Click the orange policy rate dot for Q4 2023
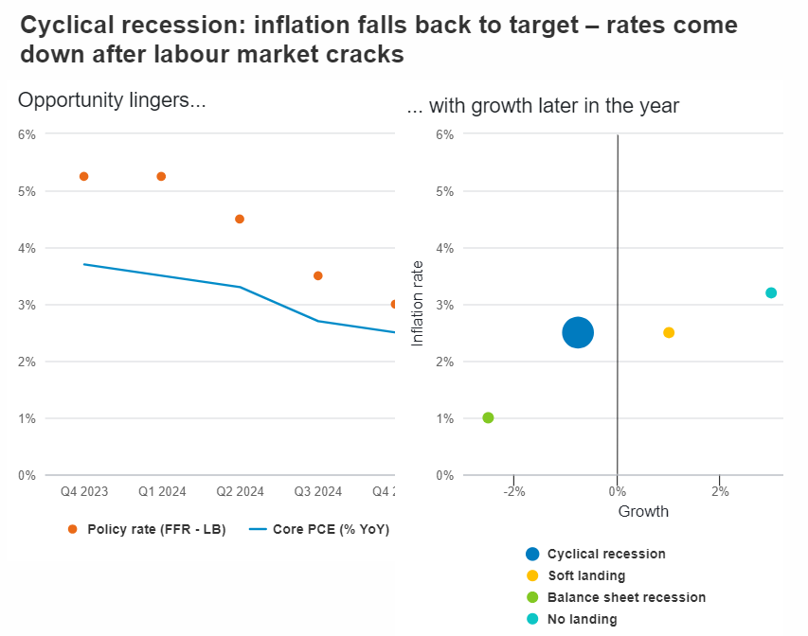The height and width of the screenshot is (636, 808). [83, 176]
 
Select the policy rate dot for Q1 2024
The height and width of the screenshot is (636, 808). [161, 176]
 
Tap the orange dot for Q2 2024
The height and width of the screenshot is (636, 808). [240, 219]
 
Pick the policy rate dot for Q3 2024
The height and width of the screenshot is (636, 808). [318, 275]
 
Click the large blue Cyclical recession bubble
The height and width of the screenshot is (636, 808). [578, 332]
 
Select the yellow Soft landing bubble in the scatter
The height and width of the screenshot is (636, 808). [669, 332]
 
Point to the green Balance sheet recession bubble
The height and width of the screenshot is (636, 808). [488, 417]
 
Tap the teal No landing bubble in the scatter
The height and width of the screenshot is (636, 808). [771, 292]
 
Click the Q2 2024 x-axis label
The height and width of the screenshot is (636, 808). [240, 491]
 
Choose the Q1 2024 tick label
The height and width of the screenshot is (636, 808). [161, 491]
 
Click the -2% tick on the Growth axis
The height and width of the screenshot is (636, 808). [513, 491]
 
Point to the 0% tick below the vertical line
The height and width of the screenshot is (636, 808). [617, 491]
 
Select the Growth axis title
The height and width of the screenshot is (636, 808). [643, 511]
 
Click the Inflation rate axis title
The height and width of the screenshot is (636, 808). [418, 304]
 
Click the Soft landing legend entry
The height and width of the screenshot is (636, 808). [586, 575]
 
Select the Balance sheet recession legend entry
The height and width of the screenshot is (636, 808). [626, 597]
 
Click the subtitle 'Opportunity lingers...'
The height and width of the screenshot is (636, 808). [112, 100]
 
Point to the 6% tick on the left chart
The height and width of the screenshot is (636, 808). [27, 134]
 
